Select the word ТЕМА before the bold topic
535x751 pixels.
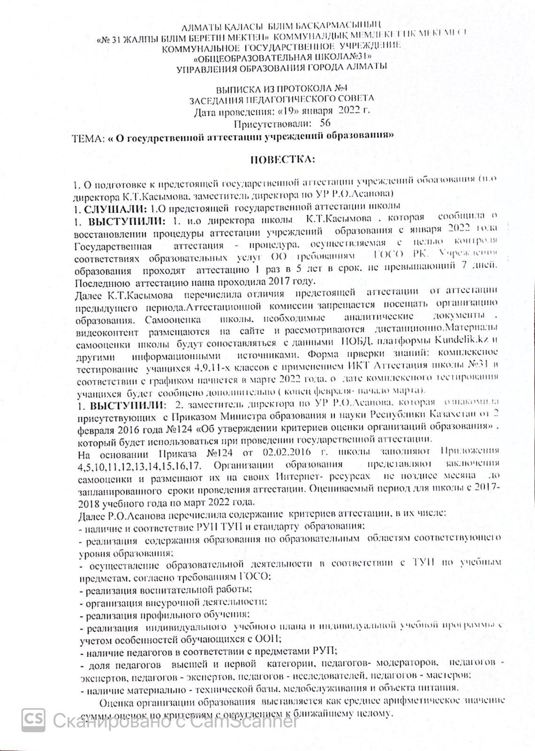[x=87, y=137]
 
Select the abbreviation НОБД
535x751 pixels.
[x=349, y=341]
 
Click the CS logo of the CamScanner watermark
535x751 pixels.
[x=33, y=719]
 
